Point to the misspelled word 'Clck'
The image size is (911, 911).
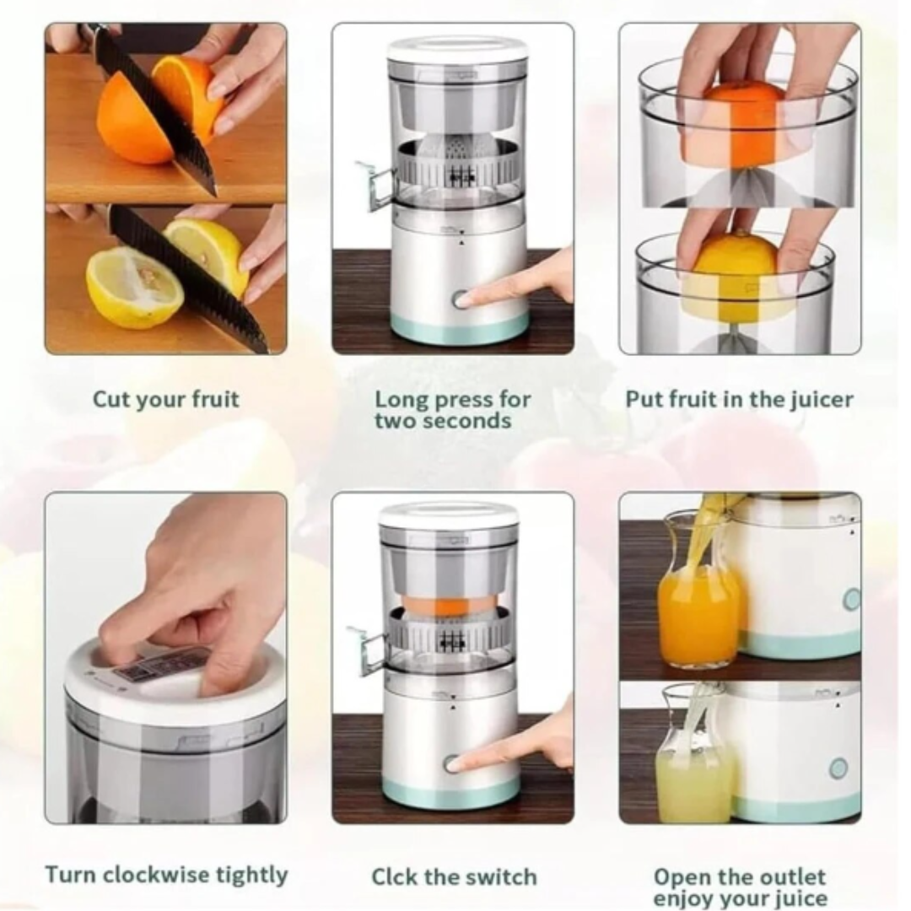pos(395,876)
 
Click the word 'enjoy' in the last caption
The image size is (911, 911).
pos(685,898)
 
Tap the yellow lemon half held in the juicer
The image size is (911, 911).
pos(736,279)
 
